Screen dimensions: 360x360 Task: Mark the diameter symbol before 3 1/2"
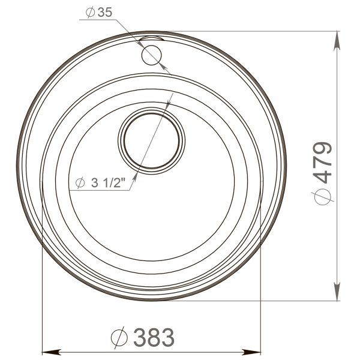coord(80,184)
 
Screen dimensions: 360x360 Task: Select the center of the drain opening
coord(151,139)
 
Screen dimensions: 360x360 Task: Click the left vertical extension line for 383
coord(40,300)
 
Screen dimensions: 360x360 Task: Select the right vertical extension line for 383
coord(262,300)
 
